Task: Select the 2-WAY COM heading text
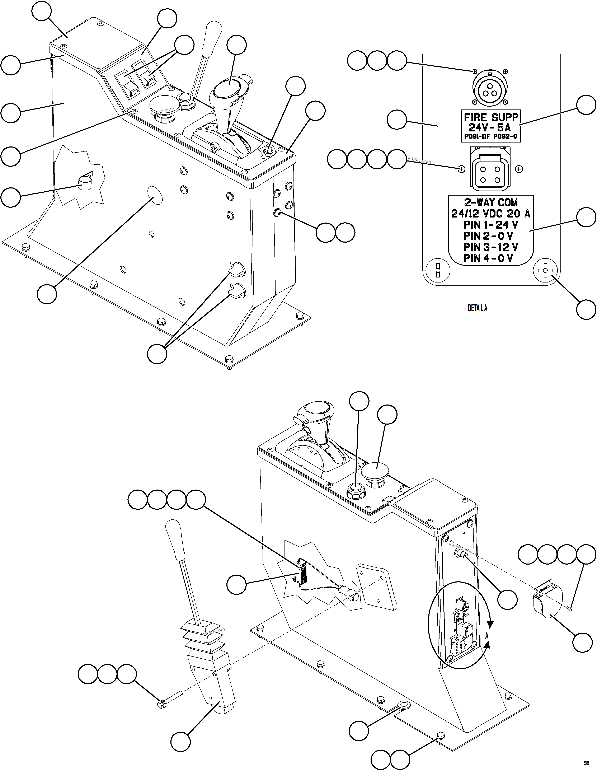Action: pyautogui.click(x=491, y=203)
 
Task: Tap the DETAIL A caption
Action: pyautogui.click(x=477, y=308)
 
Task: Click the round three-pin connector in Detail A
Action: pyautogui.click(x=489, y=87)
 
